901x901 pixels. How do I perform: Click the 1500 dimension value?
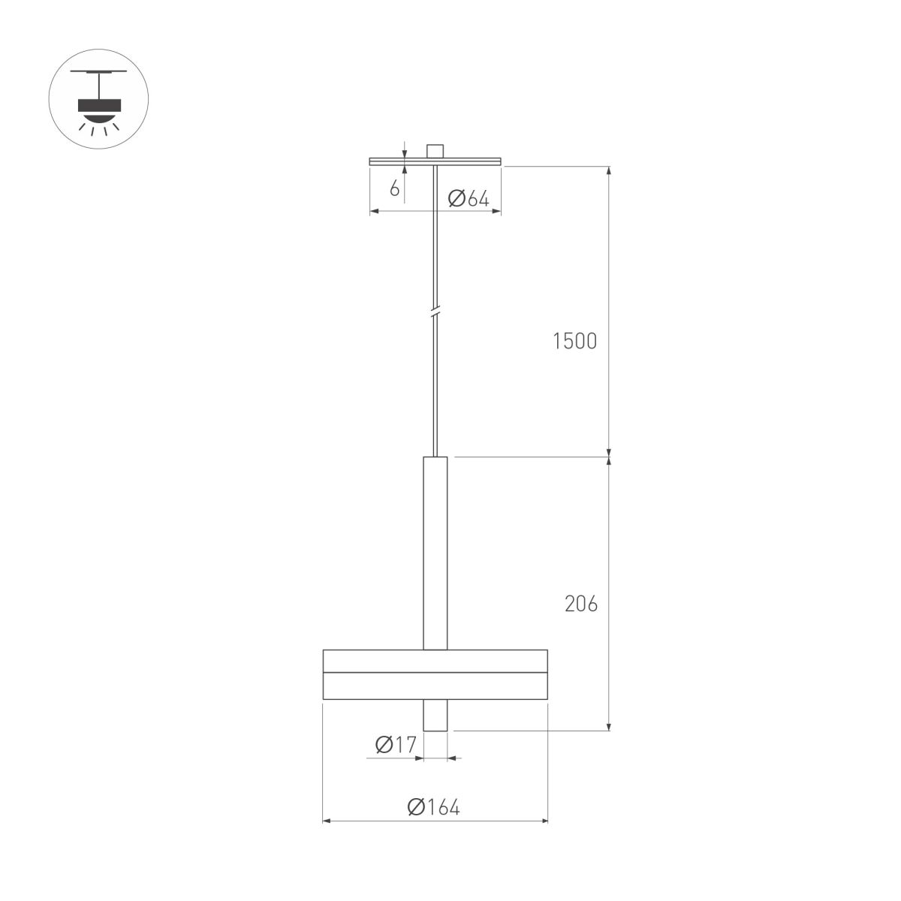coord(574,341)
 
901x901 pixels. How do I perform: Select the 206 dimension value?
coord(581,604)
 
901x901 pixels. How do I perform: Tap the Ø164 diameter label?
coord(433,807)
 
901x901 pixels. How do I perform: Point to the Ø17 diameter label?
coord(395,745)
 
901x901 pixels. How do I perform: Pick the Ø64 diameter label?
coord(468,199)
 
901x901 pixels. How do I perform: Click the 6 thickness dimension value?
coord(394,188)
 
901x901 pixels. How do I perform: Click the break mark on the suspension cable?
coord(435,312)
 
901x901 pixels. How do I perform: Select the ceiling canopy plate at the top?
coord(435,161)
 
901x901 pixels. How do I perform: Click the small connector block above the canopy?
coord(435,150)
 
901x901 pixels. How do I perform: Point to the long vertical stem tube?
coord(435,552)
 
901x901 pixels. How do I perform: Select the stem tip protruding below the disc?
coord(435,715)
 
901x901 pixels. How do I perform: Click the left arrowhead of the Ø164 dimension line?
coord(326,821)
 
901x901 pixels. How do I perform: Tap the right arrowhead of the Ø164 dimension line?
coord(544,821)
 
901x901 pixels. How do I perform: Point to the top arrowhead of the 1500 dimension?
coord(608,170)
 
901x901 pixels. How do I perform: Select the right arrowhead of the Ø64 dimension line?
coord(497,212)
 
